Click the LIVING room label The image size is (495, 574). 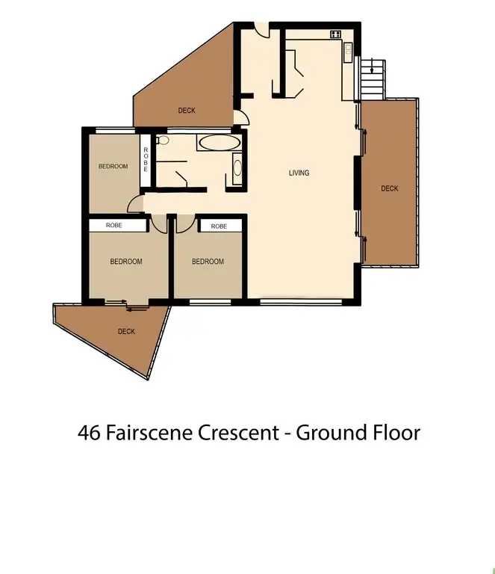pos(299,173)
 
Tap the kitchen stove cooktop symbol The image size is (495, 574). pos(335,34)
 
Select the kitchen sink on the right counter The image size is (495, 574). pos(348,50)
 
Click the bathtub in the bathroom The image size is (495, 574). pos(219,142)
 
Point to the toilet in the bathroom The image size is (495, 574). pos(162,140)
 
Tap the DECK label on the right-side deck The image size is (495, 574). pos(389,188)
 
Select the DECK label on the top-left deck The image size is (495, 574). pos(187,111)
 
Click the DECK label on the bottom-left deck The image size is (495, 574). pos(126,331)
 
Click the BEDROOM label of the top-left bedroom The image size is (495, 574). pos(113,166)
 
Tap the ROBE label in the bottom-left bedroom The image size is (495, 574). pos(113,225)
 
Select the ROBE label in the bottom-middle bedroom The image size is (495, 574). pos(219,226)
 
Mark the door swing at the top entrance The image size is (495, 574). pos(261,31)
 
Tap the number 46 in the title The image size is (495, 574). pos(88,432)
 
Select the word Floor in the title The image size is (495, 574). pos(395,432)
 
